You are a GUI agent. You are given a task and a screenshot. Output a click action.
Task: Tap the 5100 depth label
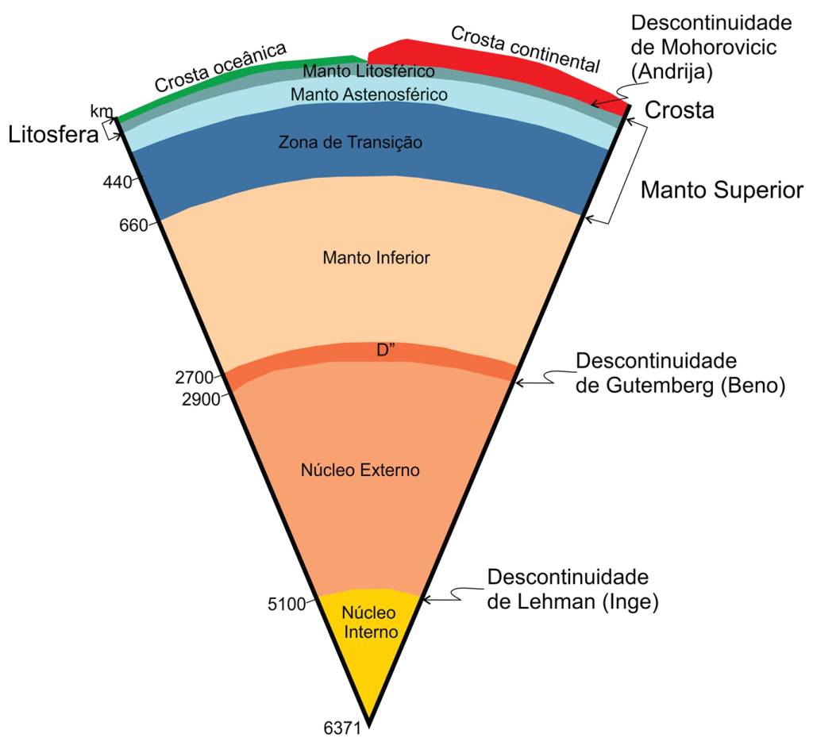point(287,605)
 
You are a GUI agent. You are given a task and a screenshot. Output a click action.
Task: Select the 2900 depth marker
point(200,399)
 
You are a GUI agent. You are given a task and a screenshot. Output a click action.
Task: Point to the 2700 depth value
point(194,378)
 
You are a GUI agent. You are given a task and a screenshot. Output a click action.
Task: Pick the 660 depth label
point(133,225)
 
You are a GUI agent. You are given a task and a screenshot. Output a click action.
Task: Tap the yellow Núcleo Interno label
point(368,623)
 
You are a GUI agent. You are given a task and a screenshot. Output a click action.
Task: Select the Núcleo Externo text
point(360,471)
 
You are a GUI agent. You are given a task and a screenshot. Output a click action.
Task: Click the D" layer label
point(387,351)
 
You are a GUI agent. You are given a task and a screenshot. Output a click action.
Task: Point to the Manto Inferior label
point(376,258)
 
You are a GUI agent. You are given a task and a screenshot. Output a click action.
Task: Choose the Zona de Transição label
point(350,143)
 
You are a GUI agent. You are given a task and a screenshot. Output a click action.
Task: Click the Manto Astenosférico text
point(368,94)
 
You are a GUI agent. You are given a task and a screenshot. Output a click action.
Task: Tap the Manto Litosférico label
point(368,71)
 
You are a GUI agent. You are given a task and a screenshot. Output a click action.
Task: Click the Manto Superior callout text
point(722,190)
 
